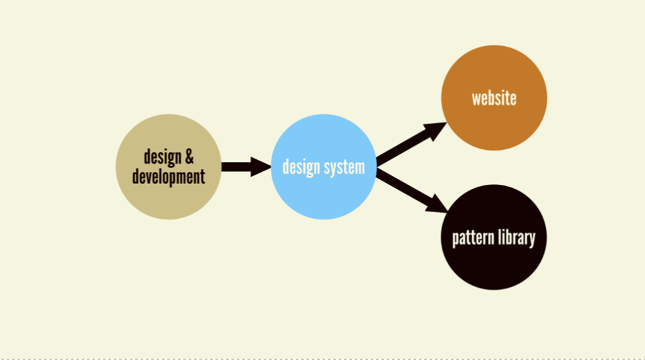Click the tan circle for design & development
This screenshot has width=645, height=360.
coord(169,167)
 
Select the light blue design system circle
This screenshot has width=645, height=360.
coord(324,167)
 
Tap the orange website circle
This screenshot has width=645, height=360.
coord(494,98)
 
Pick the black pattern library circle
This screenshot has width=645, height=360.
coord(494,238)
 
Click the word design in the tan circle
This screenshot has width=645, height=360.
coord(163,157)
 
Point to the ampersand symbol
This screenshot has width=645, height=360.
coord(189,157)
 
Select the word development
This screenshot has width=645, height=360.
coord(169,177)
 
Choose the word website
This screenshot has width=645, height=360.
coord(494,99)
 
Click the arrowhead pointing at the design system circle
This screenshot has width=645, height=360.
coord(260,167)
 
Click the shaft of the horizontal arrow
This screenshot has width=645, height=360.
coord(236,167)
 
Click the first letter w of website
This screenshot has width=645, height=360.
coord(476,100)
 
